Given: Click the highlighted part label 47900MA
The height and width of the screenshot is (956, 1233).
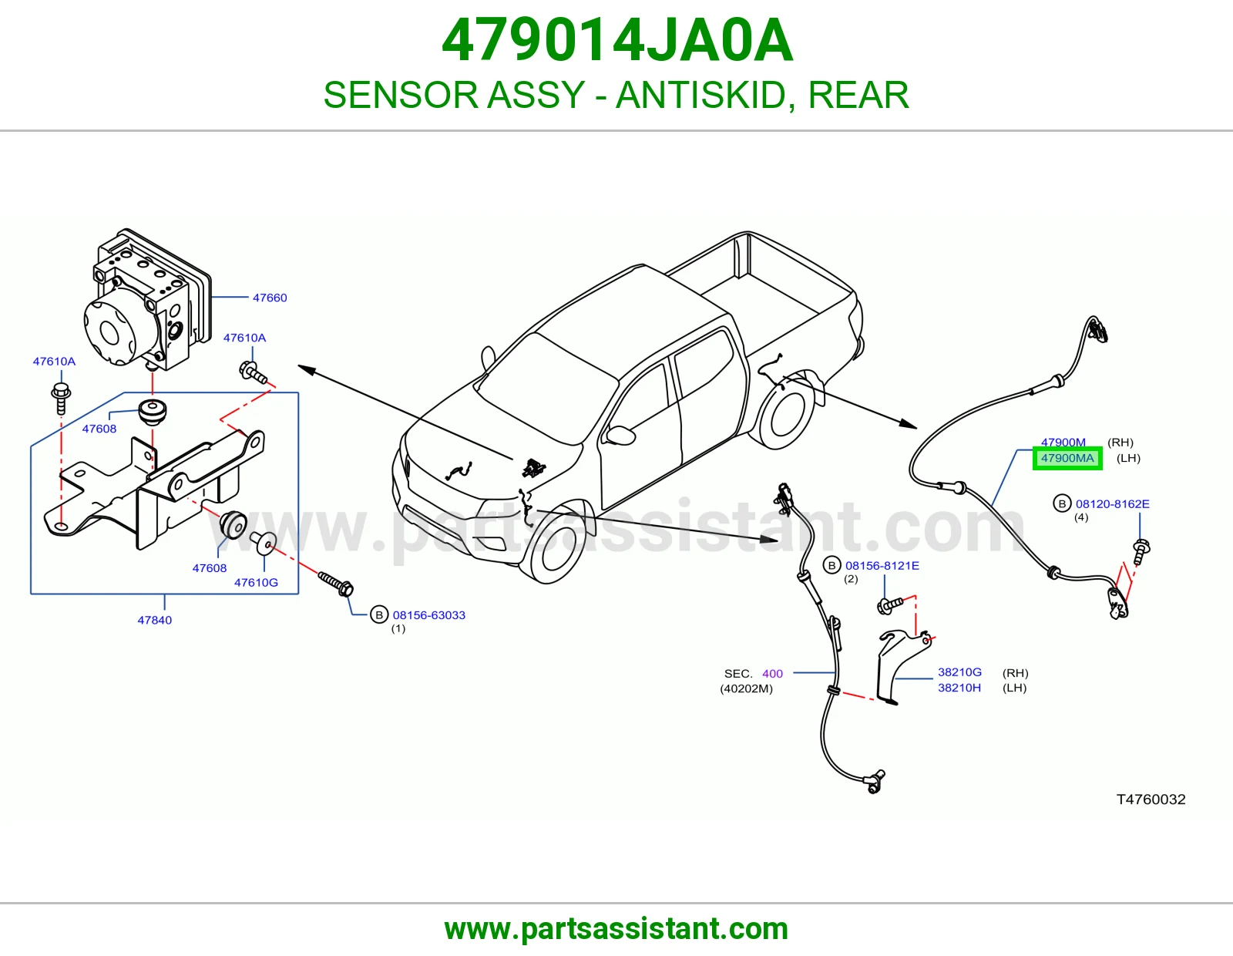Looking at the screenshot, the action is point(1067,458).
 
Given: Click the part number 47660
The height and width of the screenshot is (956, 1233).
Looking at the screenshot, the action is point(270,298).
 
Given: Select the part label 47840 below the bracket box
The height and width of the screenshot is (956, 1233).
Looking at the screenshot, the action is point(154,620).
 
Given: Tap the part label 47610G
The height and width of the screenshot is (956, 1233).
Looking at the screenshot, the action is point(256,582).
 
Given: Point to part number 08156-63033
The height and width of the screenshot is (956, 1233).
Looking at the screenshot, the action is point(429,614).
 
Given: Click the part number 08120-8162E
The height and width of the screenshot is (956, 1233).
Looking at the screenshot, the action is point(1112,503).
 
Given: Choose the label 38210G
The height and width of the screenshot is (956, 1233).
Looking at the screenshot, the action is point(959,672).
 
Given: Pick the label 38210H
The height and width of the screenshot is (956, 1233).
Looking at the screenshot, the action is point(959,688).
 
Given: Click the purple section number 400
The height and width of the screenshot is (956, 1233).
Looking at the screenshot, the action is point(772,673).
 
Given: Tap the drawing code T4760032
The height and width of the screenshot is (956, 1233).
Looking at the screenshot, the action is point(1151,799).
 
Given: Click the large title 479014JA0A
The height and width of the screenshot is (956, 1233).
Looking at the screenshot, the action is point(616,40).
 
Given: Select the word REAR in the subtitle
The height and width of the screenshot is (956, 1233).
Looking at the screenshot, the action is point(858,95).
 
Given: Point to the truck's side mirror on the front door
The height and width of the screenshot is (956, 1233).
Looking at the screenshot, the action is point(620,436).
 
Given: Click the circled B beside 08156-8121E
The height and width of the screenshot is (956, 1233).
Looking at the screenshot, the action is point(832,565).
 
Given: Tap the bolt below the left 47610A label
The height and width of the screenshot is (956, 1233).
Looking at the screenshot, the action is point(61,398).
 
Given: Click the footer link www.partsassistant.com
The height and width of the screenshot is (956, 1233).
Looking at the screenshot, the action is point(616,929).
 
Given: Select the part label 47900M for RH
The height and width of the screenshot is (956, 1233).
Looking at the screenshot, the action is point(1063,443).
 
